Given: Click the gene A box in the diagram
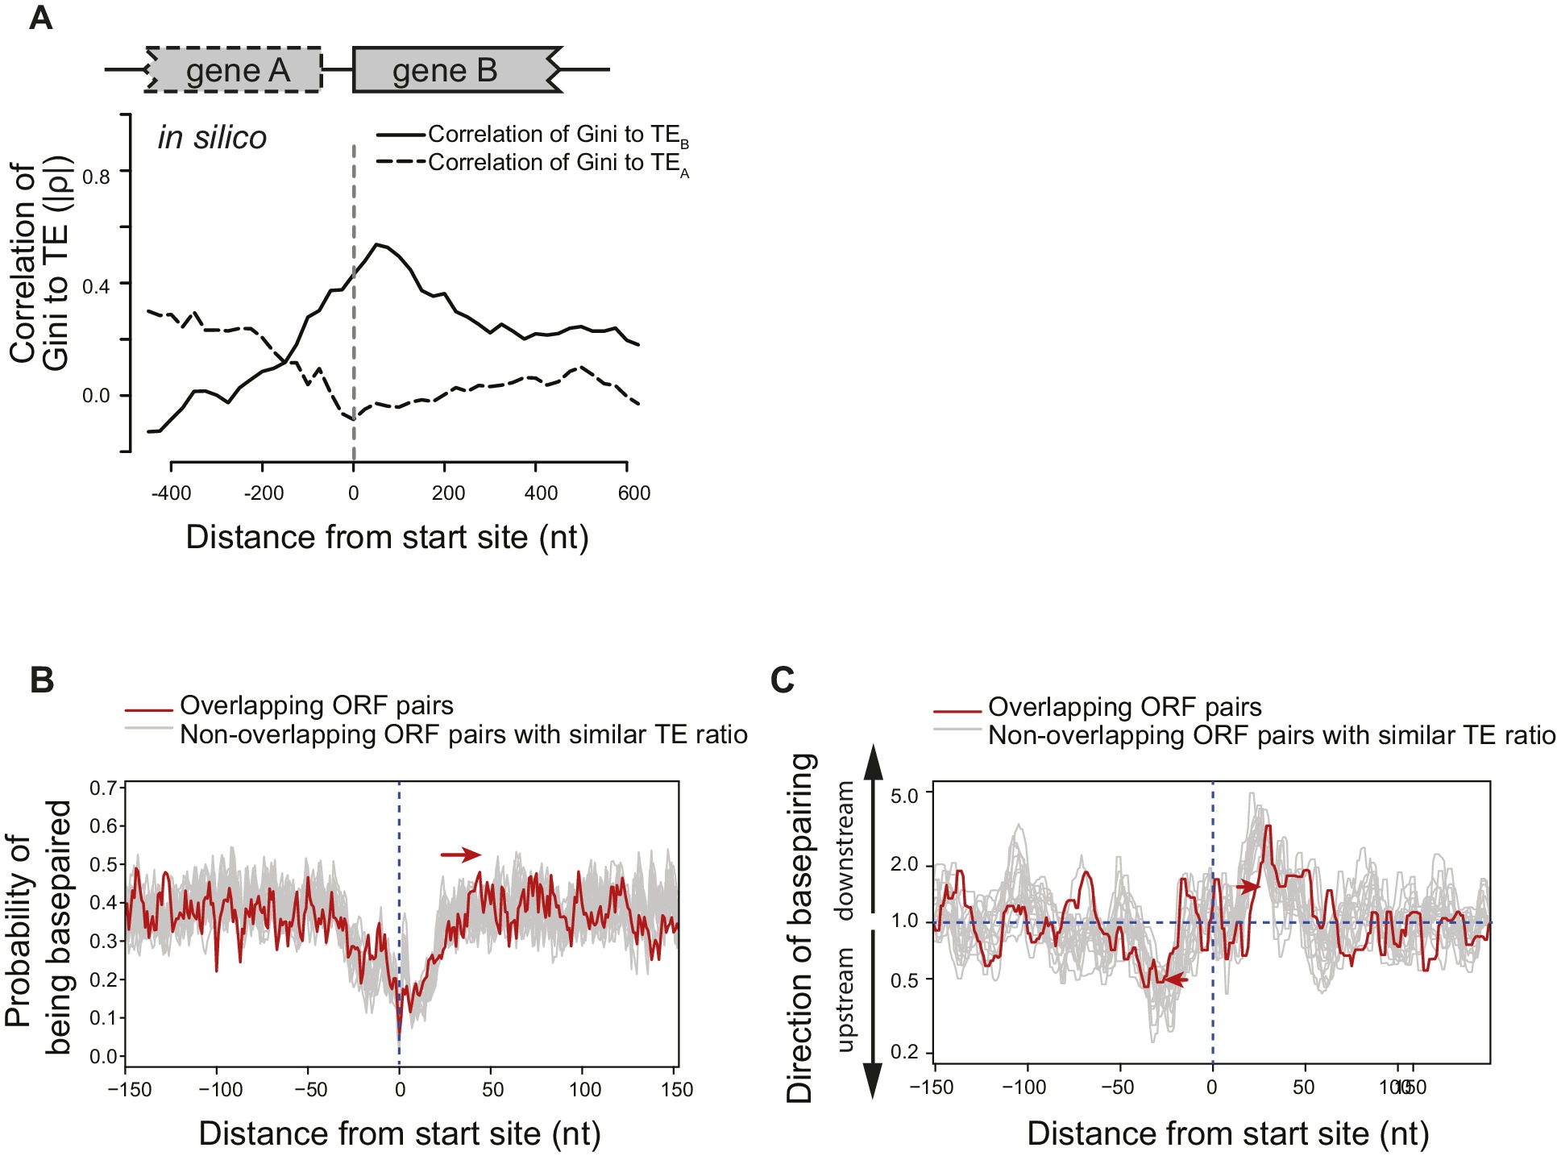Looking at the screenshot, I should click(235, 70).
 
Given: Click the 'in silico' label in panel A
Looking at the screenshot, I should click(212, 138).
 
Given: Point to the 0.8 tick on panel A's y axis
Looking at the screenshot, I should click(96, 176).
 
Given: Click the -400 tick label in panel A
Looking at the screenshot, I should click(171, 493).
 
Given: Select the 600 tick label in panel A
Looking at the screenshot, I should click(634, 493).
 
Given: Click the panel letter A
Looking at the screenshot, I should click(40, 18).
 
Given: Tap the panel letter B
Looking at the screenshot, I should click(42, 680).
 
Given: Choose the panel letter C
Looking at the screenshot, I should click(783, 680).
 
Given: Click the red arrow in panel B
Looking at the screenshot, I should click(460, 855).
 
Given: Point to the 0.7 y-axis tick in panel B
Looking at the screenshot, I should click(102, 788).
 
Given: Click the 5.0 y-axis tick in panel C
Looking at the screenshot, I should click(903, 796).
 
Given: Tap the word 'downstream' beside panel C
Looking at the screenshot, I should click(844, 850).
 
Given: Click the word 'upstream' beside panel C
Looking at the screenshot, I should click(844, 999).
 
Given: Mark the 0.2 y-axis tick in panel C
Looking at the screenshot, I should click(903, 1051).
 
